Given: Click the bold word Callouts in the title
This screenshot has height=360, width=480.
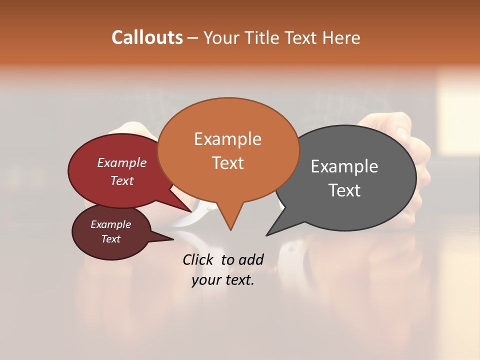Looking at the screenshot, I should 147,37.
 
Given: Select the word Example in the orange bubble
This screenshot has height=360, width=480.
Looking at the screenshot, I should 227,139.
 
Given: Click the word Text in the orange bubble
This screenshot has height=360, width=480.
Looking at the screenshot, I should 227,163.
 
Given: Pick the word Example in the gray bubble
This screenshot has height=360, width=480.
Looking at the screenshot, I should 344,166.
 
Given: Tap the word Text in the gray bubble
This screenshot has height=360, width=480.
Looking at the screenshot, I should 344,190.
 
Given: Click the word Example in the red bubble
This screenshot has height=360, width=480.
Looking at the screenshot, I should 121,163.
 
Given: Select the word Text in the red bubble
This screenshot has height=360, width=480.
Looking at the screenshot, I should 121,180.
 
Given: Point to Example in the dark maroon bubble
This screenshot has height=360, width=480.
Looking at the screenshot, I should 110,224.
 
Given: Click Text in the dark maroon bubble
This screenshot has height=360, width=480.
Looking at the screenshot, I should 110,239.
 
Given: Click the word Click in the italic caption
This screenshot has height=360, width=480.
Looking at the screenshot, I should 199,259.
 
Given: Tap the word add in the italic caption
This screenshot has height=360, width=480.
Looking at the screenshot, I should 250,259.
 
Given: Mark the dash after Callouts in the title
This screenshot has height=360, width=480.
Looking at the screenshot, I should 193,37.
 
